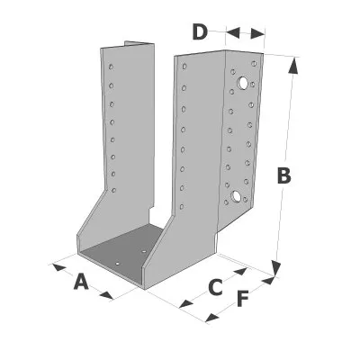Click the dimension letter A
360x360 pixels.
tap(81, 282)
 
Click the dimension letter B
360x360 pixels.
tap(283, 175)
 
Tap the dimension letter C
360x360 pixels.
tap(215, 287)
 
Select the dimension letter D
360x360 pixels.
tap(200, 32)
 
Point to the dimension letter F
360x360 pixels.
tap(242, 299)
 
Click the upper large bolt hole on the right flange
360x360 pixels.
tap(243, 83)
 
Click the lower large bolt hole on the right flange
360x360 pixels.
tap(236, 196)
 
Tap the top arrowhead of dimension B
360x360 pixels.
tap(293, 65)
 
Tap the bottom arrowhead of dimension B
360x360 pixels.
tap(276, 268)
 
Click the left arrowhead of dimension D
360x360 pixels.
tap(233, 32)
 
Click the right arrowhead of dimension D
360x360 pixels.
tap(257, 33)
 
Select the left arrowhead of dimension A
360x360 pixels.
tap(58, 267)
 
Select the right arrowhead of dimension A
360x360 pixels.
tap(106, 295)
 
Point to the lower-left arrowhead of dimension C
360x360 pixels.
tap(185, 304)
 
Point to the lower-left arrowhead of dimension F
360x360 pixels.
tap(211, 318)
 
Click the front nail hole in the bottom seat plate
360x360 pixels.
tap(118, 264)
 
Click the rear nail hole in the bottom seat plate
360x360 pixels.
tap(144, 250)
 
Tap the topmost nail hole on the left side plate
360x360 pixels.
tap(111, 67)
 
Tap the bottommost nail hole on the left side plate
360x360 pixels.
tap(113, 190)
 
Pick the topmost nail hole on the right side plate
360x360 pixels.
tap(184, 66)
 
